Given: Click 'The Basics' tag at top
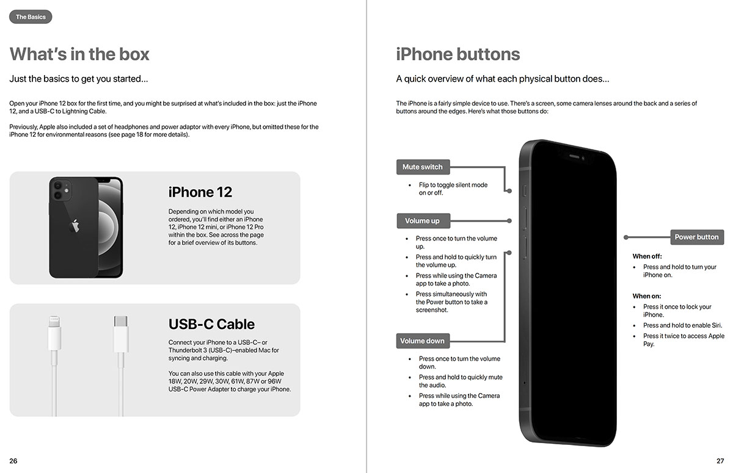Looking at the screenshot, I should click(x=31, y=17).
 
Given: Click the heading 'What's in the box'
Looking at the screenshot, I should click(x=79, y=54).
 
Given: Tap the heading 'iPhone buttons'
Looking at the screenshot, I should click(x=458, y=54).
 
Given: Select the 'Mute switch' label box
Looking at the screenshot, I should click(x=422, y=167).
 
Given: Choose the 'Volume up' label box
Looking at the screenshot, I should click(x=422, y=220).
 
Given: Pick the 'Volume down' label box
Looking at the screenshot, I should click(x=422, y=341).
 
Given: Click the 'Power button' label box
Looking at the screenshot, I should click(x=696, y=237).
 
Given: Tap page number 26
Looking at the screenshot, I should click(x=13, y=461).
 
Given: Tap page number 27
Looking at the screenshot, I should click(x=720, y=461).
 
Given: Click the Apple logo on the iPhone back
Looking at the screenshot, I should click(x=75, y=225).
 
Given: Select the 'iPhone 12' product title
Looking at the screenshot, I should click(x=200, y=192).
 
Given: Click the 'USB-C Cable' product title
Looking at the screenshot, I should click(x=211, y=324).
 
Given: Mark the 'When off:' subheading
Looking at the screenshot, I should click(x=647, y=256).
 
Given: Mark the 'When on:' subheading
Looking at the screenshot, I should click(x=647, y=296).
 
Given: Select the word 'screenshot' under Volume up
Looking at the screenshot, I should click(x=432, y=310).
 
